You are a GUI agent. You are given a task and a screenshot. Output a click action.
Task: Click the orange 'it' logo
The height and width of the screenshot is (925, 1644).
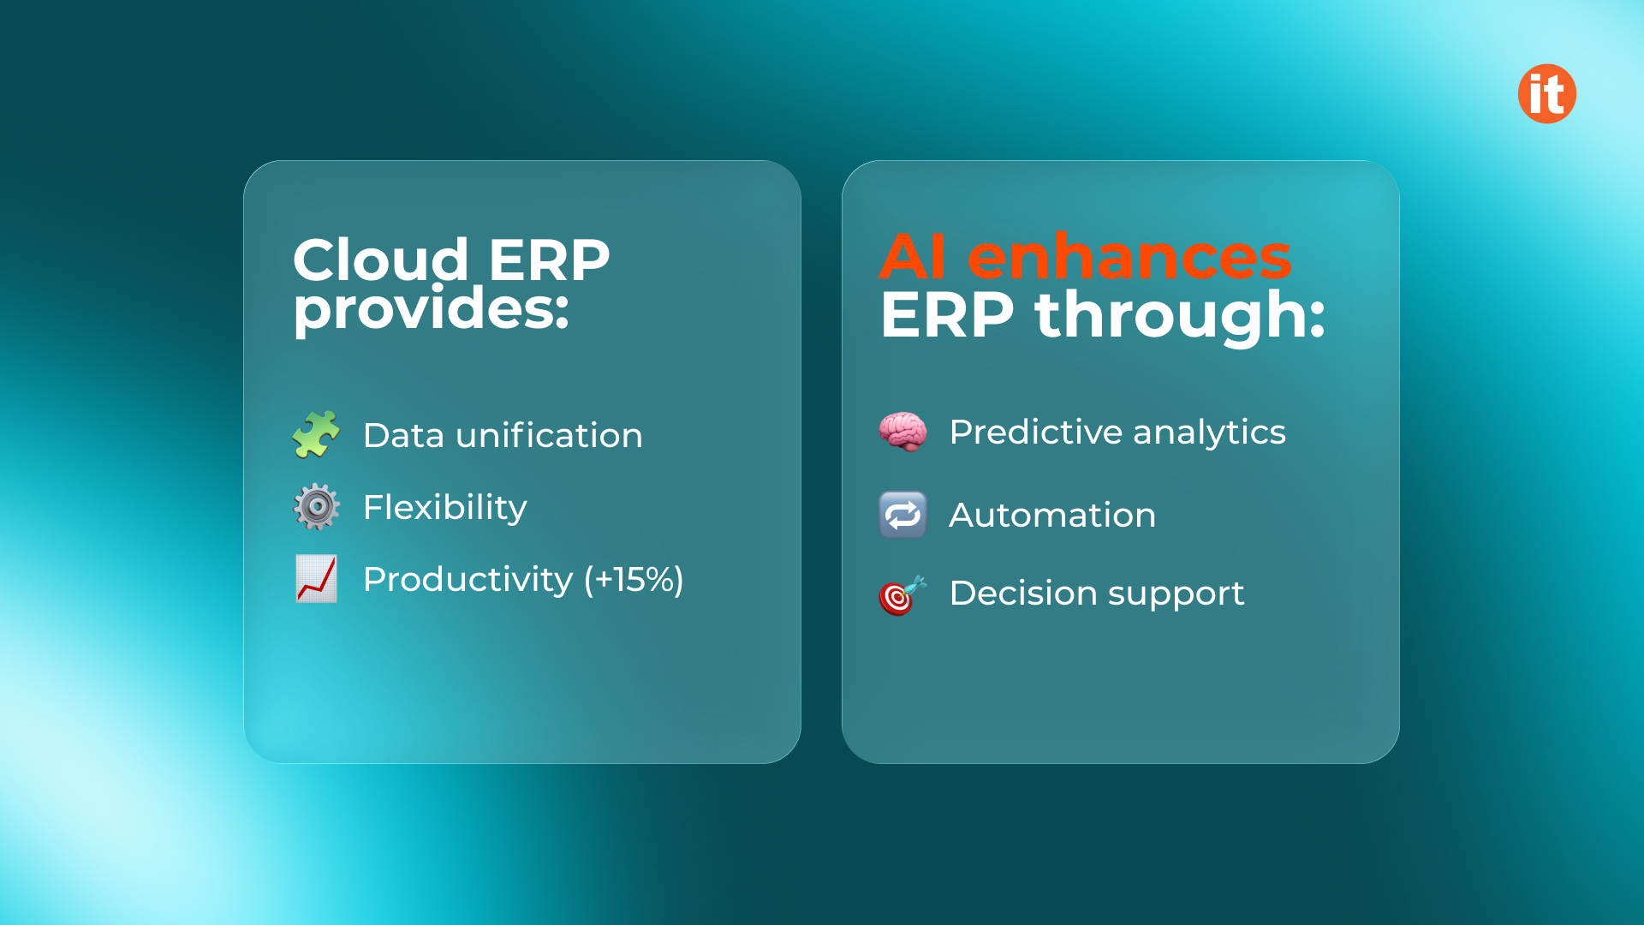1546,93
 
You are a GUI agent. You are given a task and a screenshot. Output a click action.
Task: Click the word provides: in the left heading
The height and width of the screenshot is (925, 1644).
432,309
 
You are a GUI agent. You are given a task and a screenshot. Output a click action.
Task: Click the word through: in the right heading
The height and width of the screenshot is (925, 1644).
1180,315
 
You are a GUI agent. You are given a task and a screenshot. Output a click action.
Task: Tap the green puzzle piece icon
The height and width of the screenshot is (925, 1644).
316,434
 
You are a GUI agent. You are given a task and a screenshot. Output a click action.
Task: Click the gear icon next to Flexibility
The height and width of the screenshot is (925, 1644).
316,506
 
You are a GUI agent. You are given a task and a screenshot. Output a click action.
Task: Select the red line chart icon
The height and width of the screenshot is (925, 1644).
316,579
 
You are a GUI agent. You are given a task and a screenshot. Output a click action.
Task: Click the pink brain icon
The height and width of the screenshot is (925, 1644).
902,431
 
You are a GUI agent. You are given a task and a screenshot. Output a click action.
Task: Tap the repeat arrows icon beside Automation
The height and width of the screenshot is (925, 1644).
902,515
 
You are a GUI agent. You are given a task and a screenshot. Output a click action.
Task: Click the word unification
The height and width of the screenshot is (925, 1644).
549,435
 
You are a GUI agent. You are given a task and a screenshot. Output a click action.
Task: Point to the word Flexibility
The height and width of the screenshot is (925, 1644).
444,507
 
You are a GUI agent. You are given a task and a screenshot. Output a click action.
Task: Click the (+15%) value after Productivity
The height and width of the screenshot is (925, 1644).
634,580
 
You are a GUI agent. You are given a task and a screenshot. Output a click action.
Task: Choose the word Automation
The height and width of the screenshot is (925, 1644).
1052,515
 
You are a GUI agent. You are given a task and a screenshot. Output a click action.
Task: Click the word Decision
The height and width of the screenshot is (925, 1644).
1022,593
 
